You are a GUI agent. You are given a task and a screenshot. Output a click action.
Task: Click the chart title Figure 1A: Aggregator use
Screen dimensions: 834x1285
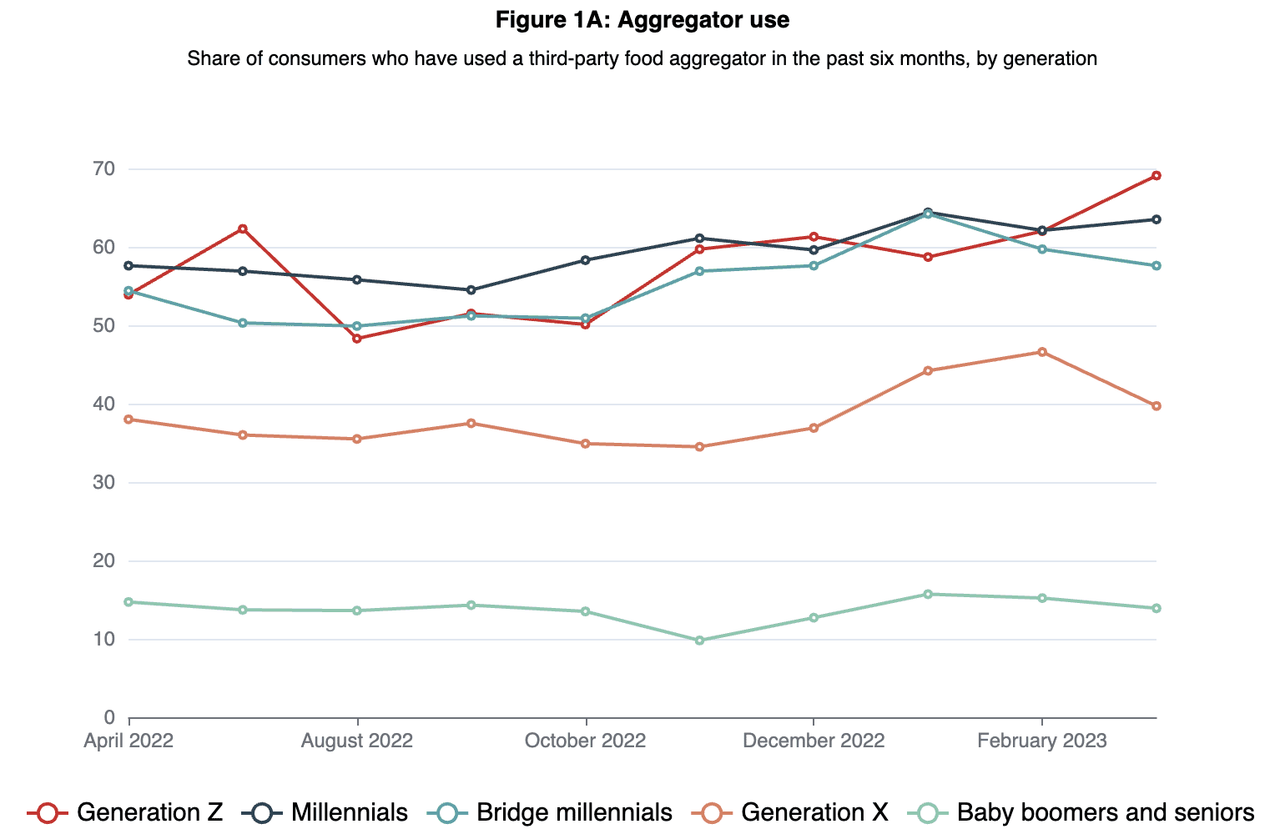(642, 20)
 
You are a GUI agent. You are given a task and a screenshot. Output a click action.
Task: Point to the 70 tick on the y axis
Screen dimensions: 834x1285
(104, 169)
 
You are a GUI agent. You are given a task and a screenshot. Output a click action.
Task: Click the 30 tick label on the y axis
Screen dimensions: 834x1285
(104, 483)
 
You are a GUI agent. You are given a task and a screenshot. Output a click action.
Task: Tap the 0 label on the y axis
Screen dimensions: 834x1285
(109, 718)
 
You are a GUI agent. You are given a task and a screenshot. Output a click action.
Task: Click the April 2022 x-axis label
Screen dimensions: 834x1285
(128, 741)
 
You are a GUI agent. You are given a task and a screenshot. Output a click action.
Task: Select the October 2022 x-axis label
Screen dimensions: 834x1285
(585, 741)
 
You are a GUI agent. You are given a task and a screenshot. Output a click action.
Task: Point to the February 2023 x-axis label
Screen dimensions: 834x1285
(1041, 741)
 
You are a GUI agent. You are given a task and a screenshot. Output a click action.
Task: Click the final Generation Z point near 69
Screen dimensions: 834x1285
(1156, 176)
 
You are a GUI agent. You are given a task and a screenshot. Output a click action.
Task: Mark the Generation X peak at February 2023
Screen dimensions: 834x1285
(1042, 352)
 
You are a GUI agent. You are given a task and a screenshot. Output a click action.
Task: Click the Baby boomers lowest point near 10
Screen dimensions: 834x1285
(699, 641)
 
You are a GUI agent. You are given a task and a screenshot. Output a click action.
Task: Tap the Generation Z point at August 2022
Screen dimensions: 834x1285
(357, 339)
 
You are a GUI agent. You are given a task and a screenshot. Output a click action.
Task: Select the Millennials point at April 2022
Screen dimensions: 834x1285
(128, 266)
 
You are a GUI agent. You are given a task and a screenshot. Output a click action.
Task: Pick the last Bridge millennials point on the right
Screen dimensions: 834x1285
(1156, 266)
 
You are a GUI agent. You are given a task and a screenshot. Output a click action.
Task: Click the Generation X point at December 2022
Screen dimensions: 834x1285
(814, 428)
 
